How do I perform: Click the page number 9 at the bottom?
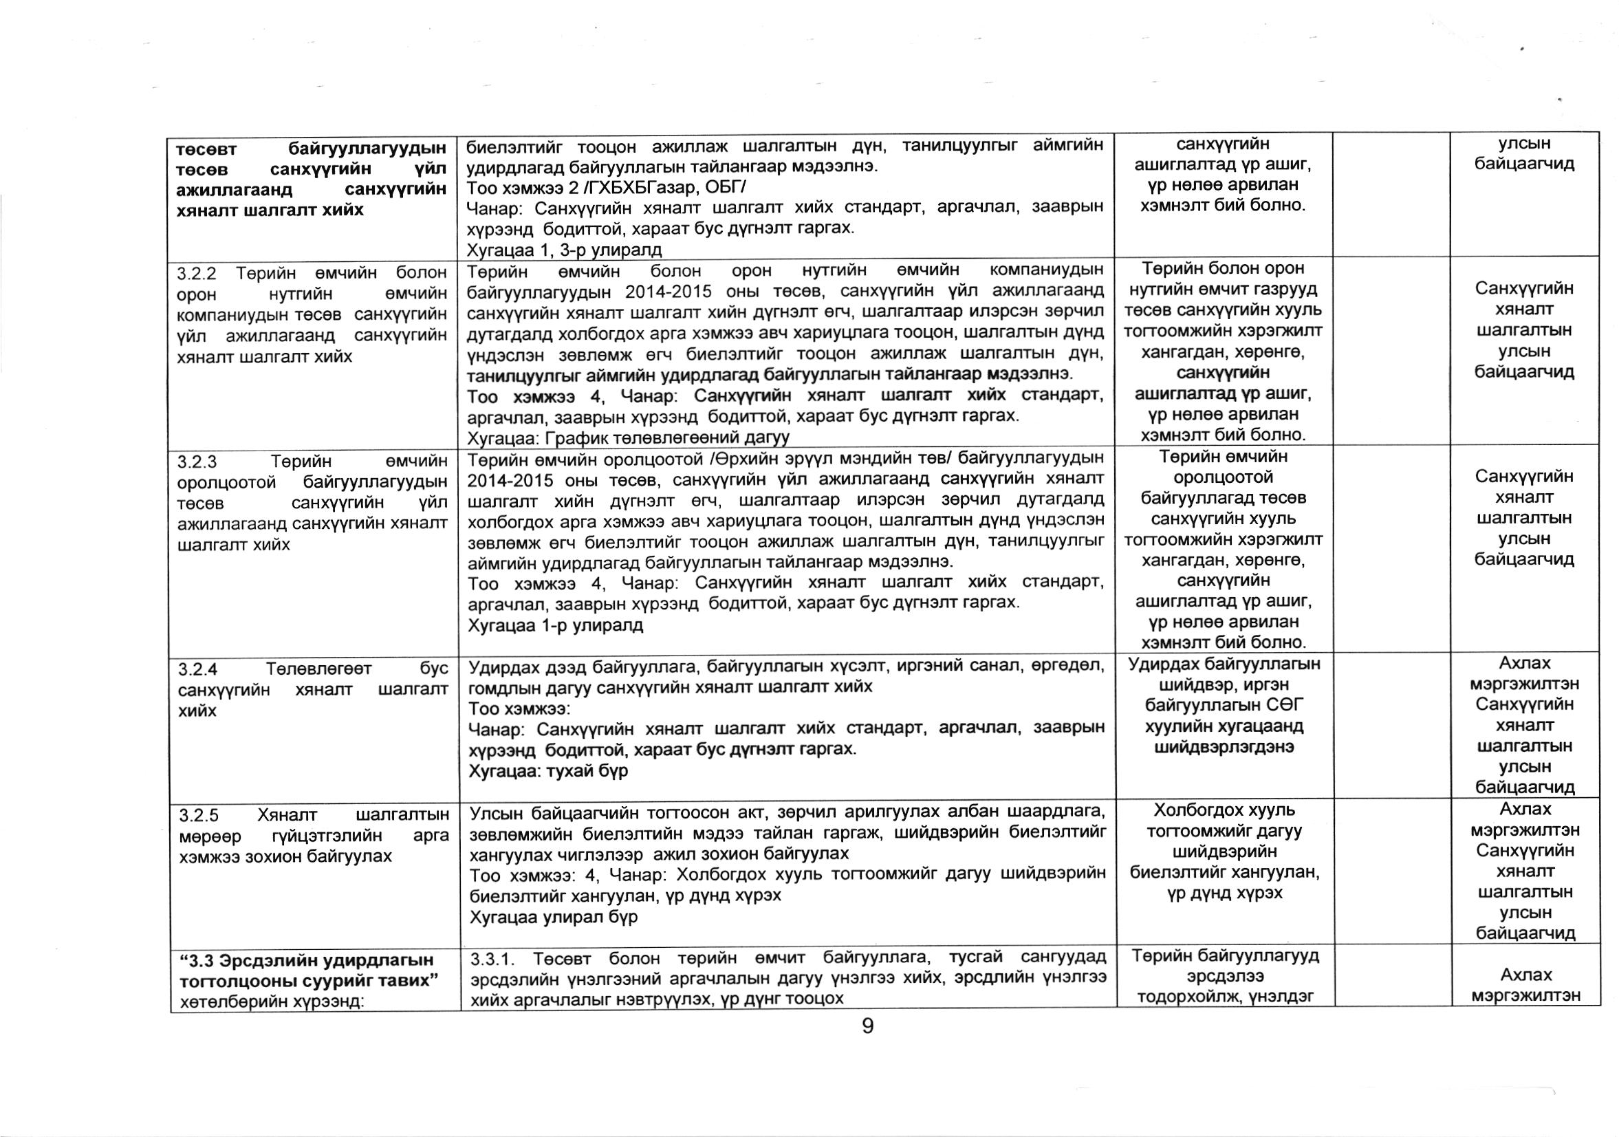[x=867, y=1026]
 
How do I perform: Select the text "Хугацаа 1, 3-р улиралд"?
[x=564, y=250]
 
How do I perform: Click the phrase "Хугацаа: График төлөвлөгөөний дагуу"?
[x=627, y=438]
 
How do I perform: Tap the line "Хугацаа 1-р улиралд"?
[x=556, y=626]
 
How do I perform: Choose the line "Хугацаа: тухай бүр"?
[x=548, y=771]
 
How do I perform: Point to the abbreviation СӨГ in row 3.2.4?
[x=1285, y=704]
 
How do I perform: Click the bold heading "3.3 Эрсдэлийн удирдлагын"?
[x=305, y=961]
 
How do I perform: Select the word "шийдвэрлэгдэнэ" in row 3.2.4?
[x=1224, y=747]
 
